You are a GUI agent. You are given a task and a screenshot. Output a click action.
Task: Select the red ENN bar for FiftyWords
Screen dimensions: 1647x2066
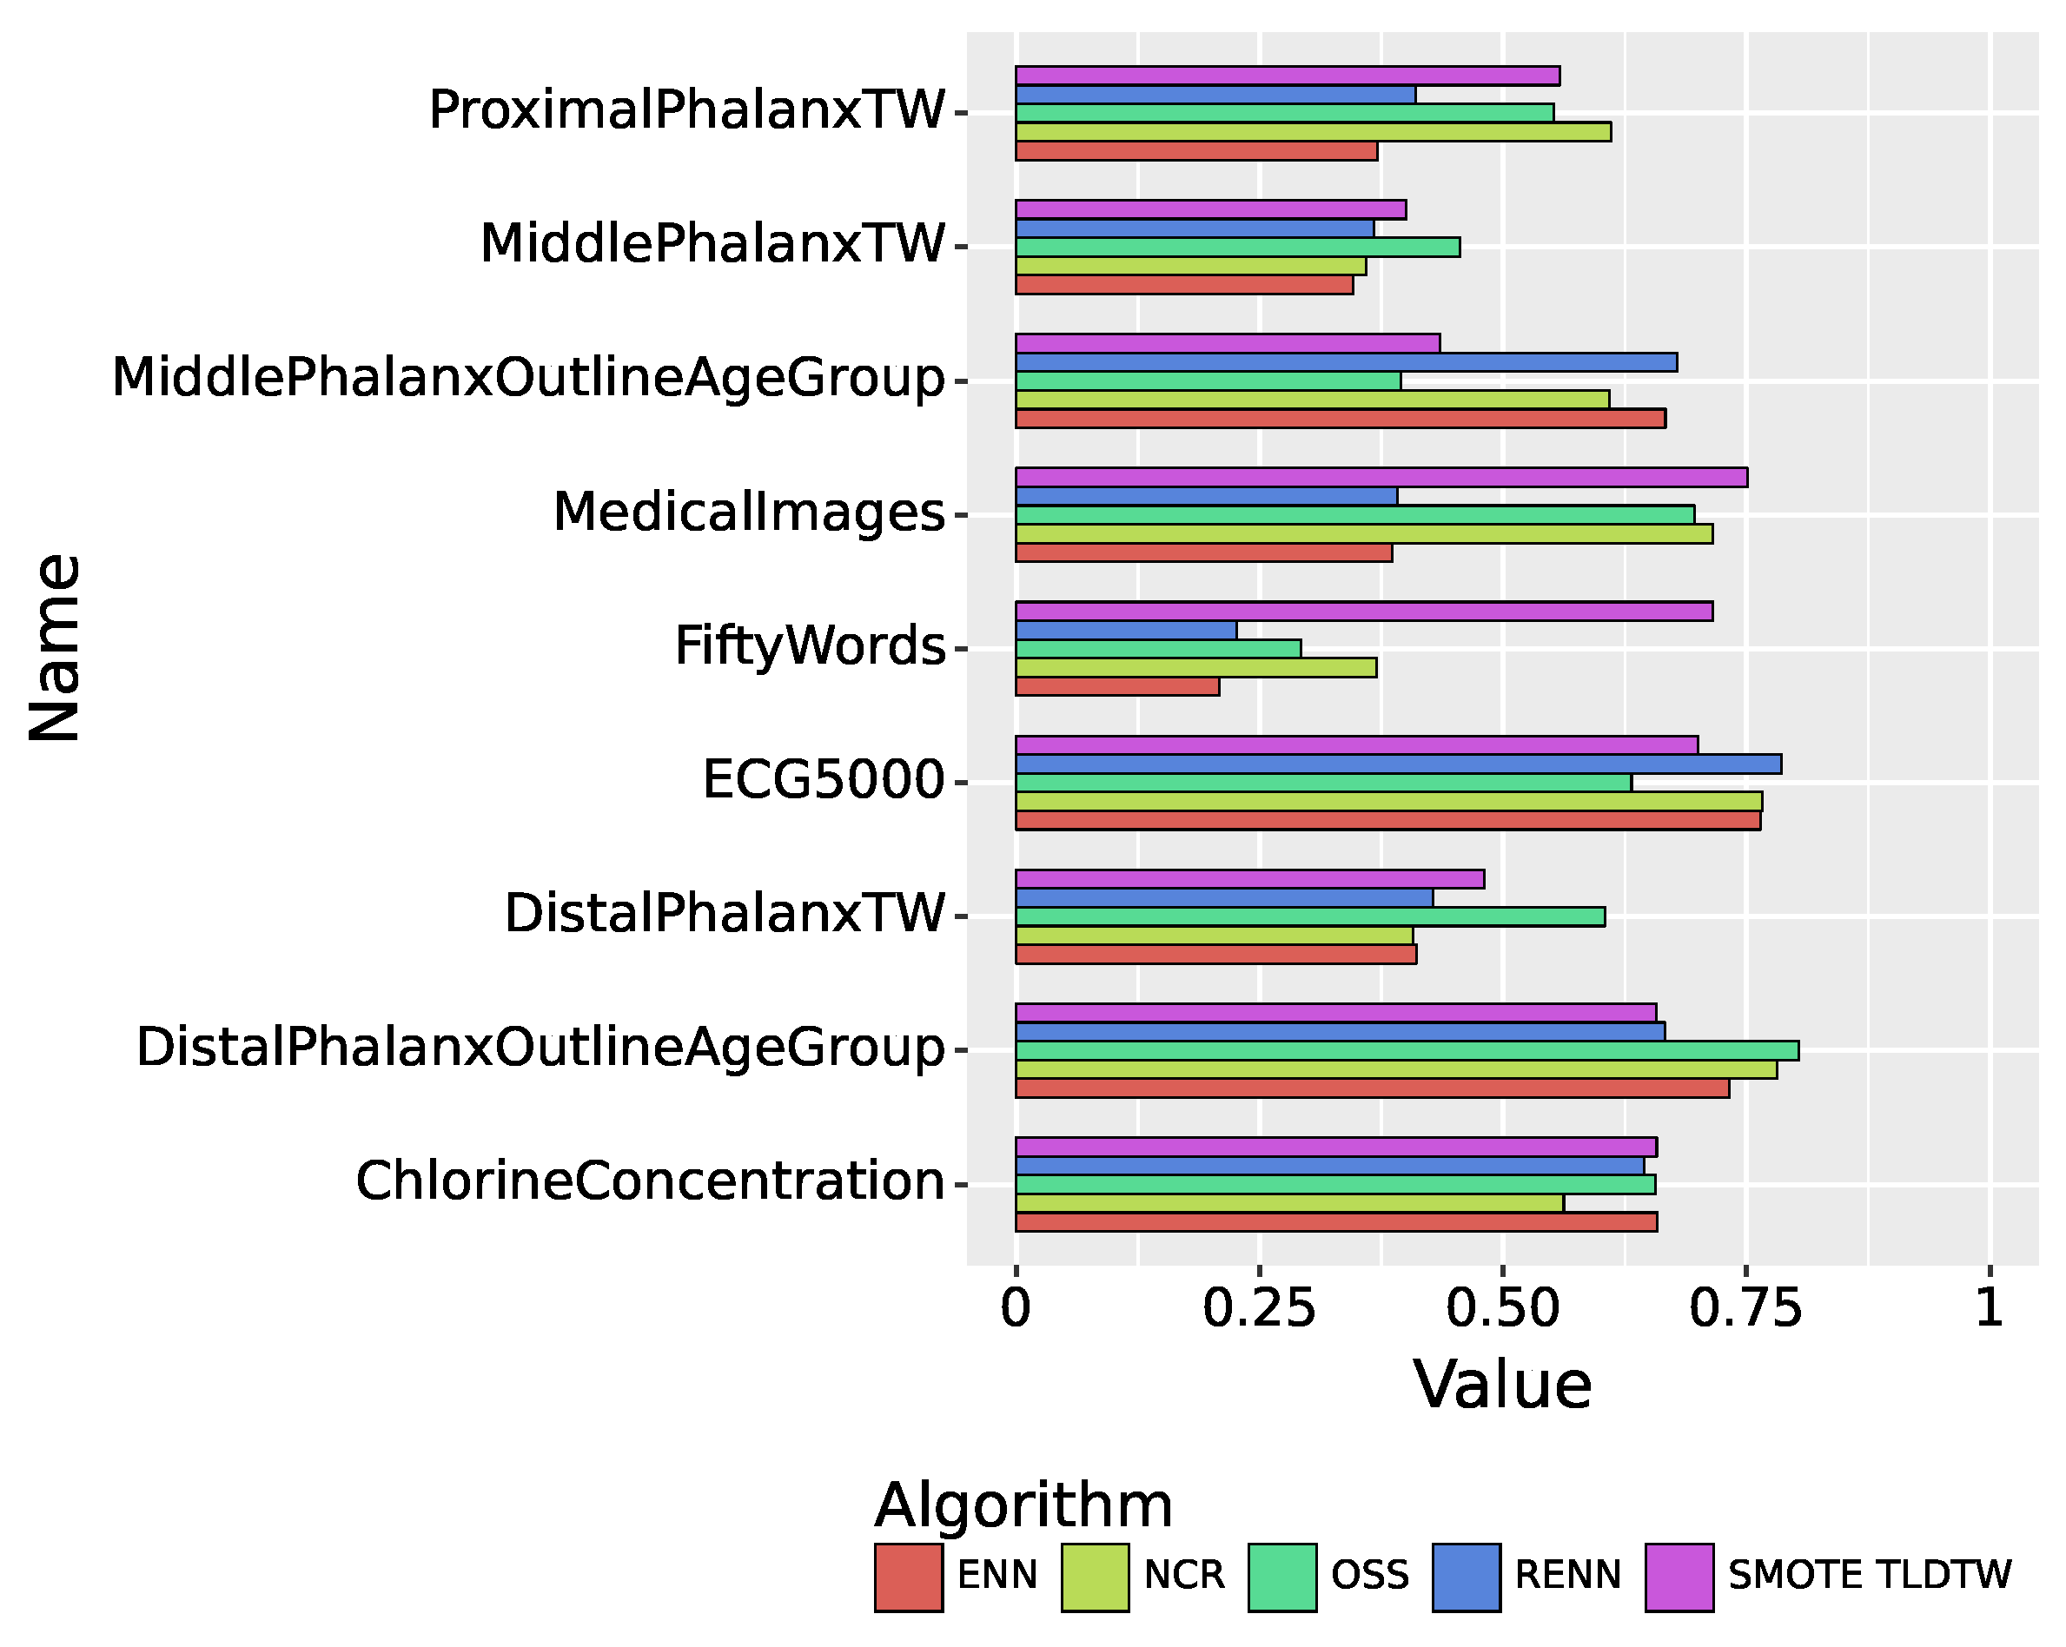1117,687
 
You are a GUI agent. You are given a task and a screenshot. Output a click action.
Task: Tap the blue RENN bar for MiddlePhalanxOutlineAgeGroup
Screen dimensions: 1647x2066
1346,362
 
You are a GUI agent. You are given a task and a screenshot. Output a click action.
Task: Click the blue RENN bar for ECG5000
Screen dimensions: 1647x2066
1398,764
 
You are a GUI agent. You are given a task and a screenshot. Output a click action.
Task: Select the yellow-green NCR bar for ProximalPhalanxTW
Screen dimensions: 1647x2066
1313,132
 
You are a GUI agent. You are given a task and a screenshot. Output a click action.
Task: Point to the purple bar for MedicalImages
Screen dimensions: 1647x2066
1381,477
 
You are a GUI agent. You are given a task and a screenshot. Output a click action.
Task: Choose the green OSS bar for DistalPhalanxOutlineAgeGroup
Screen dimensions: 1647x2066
1407,1051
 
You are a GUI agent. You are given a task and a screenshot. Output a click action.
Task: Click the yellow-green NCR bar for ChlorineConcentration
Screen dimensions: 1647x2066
1288,1203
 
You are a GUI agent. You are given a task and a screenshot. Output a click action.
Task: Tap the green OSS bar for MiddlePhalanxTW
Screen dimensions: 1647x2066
1237,248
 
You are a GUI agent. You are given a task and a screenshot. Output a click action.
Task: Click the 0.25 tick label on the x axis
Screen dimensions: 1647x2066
1258,1309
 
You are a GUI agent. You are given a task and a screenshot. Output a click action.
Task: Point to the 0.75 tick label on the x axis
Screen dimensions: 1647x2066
1745,1309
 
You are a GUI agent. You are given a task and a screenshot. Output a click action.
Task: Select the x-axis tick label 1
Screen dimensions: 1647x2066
1990,1309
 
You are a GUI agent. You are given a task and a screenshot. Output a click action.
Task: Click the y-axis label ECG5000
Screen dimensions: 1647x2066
823,780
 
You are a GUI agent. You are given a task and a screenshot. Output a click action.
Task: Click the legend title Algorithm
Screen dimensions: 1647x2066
1023,1505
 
